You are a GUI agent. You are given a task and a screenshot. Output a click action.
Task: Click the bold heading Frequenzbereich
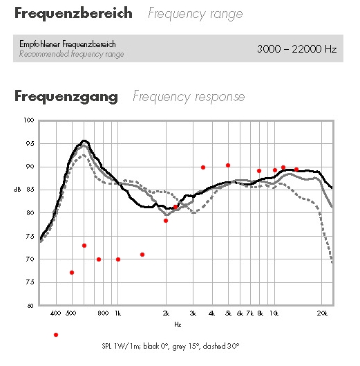point(73,13)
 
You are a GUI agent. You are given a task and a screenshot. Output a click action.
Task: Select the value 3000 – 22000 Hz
point(297,49)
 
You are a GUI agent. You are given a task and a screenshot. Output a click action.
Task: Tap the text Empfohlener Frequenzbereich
point(68,44)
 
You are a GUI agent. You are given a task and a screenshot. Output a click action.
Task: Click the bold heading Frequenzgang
point(66,96)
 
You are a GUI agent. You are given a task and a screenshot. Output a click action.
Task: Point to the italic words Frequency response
point(189,96)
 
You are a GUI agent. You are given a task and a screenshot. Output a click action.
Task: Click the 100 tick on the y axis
point(29,120)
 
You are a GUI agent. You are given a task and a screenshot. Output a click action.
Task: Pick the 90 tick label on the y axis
point(30,167)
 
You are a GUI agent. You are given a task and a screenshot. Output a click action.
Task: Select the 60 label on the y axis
point(30,306)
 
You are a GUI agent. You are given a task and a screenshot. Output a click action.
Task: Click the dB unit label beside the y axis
point(17,190)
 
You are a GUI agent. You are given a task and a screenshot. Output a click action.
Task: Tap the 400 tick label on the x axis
point(56,313)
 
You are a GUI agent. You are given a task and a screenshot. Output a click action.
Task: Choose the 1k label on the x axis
point(118,313)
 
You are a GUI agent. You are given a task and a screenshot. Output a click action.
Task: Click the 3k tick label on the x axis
point(193,313)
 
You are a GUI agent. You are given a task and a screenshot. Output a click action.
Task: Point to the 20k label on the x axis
point(322,313)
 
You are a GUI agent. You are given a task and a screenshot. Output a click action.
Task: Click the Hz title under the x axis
point(178,324)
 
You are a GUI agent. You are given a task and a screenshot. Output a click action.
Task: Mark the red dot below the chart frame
point(56,335)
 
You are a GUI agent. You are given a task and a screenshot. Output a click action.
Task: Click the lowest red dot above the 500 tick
point(72,273)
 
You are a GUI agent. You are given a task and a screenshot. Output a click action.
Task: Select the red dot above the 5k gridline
point(228,165)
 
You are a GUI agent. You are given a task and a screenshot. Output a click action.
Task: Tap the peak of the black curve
point(84,140)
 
